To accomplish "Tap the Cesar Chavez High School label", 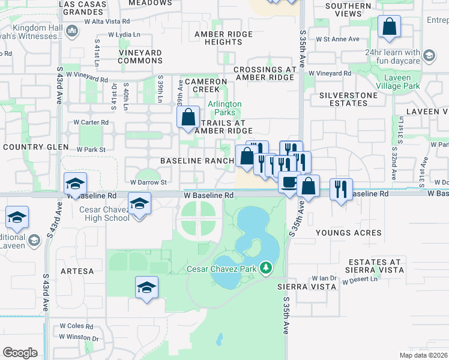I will point(104,214).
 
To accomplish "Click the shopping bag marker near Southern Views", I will point(390,26).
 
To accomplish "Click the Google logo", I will point(20,352).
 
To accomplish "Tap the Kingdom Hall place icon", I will point(71,31).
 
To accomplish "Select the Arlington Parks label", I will point(224,108).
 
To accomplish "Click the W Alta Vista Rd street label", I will point(107,21).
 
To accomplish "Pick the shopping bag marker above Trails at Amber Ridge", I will point(188,116).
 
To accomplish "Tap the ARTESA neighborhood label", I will point(77,271).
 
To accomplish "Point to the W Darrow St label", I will point(148,182).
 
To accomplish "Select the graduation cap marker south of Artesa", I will point(146,287).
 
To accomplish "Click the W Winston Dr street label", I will point(79,338).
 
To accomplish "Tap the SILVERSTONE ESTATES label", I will point(348,99).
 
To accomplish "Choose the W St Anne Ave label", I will point(337,39).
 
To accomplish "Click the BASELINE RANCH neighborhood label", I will point(196,161).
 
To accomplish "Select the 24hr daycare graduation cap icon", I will point(429,56).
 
